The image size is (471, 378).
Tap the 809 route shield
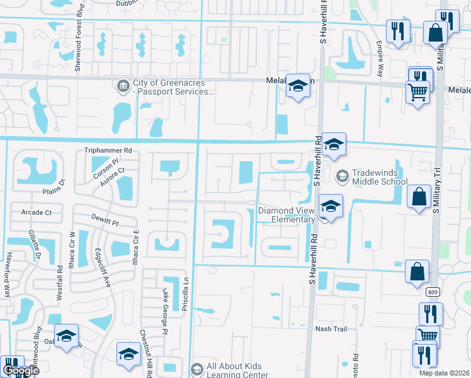tap(432, 292)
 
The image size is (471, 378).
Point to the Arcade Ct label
tap(36, 212)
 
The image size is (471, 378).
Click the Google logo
tap(20, 370)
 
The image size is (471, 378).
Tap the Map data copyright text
tap(445, 373)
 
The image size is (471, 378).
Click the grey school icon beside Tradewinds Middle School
tap(342, 176)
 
